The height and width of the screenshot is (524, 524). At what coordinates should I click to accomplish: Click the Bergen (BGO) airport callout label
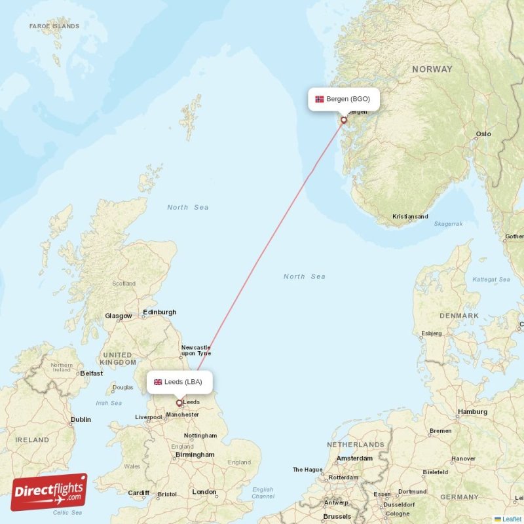tap(344, 100)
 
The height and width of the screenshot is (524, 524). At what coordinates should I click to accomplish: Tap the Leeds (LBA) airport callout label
tap(179, 382)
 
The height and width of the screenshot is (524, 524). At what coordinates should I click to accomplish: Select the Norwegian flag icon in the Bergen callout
tap(320, 100)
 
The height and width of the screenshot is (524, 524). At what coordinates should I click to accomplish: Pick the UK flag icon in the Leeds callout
tap(158, 382)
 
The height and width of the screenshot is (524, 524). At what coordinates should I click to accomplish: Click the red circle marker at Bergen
tap(343, 120)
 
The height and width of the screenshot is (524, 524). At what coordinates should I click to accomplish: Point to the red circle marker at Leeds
tap(179, 403)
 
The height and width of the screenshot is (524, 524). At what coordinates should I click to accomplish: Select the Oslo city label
tap(483, 134)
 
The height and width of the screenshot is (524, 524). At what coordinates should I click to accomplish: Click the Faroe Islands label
tap(54, 27)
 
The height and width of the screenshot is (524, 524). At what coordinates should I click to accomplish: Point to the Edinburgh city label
tap(160, 312)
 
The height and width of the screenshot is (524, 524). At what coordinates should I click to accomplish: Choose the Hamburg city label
tap(472, 412)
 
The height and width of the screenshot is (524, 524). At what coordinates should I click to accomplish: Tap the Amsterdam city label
tap(354, 458)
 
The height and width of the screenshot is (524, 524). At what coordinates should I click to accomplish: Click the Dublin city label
tap(81, 420)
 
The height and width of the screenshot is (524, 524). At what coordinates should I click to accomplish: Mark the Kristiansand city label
tap(410, 217)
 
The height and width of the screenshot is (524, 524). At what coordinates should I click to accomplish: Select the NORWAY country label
tap(432, 69)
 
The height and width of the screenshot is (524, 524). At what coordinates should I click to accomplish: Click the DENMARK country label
tap(458, 316)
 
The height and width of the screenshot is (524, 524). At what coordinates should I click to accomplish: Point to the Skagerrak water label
tap(448, 224)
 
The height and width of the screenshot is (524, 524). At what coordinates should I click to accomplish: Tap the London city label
tap(204, 492)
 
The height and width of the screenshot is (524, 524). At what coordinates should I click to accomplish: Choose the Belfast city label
tap(91, 373)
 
